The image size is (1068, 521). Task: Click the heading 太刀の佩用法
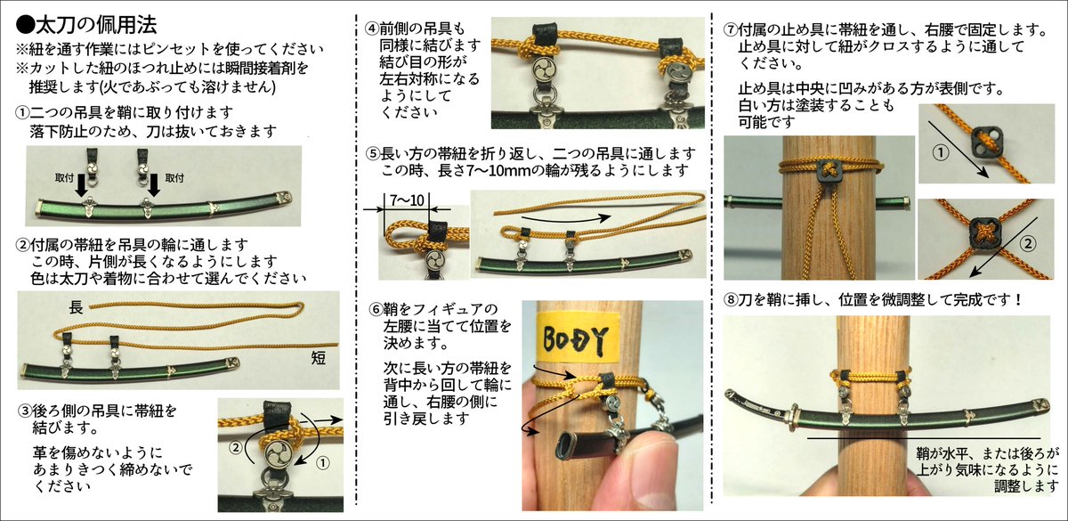pos(96,25)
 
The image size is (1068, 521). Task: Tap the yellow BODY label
pos(578,338)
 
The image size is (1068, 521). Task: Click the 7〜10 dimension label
pos(407,200)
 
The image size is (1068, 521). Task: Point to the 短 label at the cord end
pos(319,357)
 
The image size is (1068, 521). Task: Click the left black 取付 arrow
pos(82,185)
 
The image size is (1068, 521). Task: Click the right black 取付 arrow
pos(153,185)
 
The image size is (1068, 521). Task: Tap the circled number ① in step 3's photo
pos(323,463)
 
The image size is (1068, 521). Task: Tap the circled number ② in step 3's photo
pos(236,447)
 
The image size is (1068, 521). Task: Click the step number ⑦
pos(731,30)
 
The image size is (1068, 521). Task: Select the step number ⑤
pos(373,153)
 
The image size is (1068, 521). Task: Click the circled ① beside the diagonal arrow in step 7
pos(941,153)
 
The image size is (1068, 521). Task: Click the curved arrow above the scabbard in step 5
pos(566,219)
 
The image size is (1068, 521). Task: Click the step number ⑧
pos(731,299)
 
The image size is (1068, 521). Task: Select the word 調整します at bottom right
pos(1026,486)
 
